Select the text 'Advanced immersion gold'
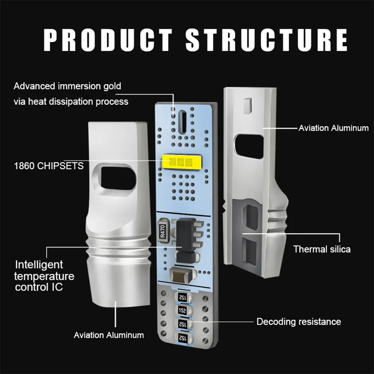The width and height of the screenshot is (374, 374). [67, 86]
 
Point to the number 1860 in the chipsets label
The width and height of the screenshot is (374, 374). [24, 166]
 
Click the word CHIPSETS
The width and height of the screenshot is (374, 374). [60, 166]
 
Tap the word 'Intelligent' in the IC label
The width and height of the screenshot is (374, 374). [39, 265]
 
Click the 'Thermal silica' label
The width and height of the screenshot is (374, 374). [322, 249]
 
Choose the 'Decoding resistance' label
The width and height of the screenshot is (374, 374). [298, 322]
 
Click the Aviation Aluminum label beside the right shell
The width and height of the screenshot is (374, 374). [333, 128]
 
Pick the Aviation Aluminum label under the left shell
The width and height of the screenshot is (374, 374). [108, 335]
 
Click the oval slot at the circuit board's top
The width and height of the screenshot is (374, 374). [183, 121]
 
